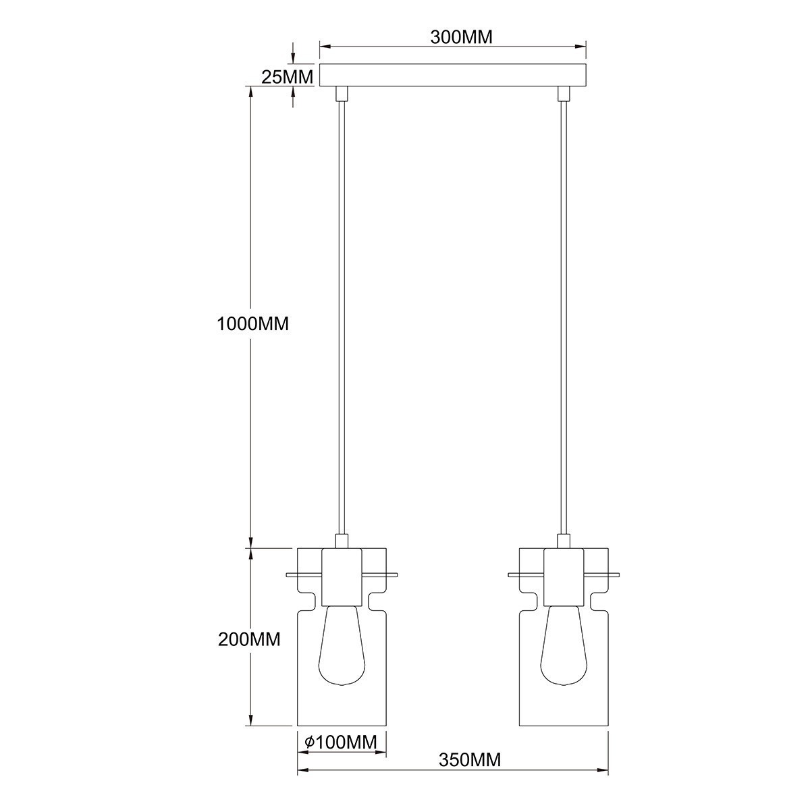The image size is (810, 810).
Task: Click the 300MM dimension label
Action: tap(462, 37)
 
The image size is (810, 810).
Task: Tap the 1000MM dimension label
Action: tap(252, 324)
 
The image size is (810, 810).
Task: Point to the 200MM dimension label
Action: tap(249, 639)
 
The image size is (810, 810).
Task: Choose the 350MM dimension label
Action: tap(470, 760)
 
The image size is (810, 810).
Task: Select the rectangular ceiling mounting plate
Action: tap(452, 75)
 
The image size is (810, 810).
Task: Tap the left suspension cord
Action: tap(342, 317)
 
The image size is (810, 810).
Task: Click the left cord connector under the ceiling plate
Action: tap(342, 93)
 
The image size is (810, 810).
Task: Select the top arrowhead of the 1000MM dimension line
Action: tap(251, 91)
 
